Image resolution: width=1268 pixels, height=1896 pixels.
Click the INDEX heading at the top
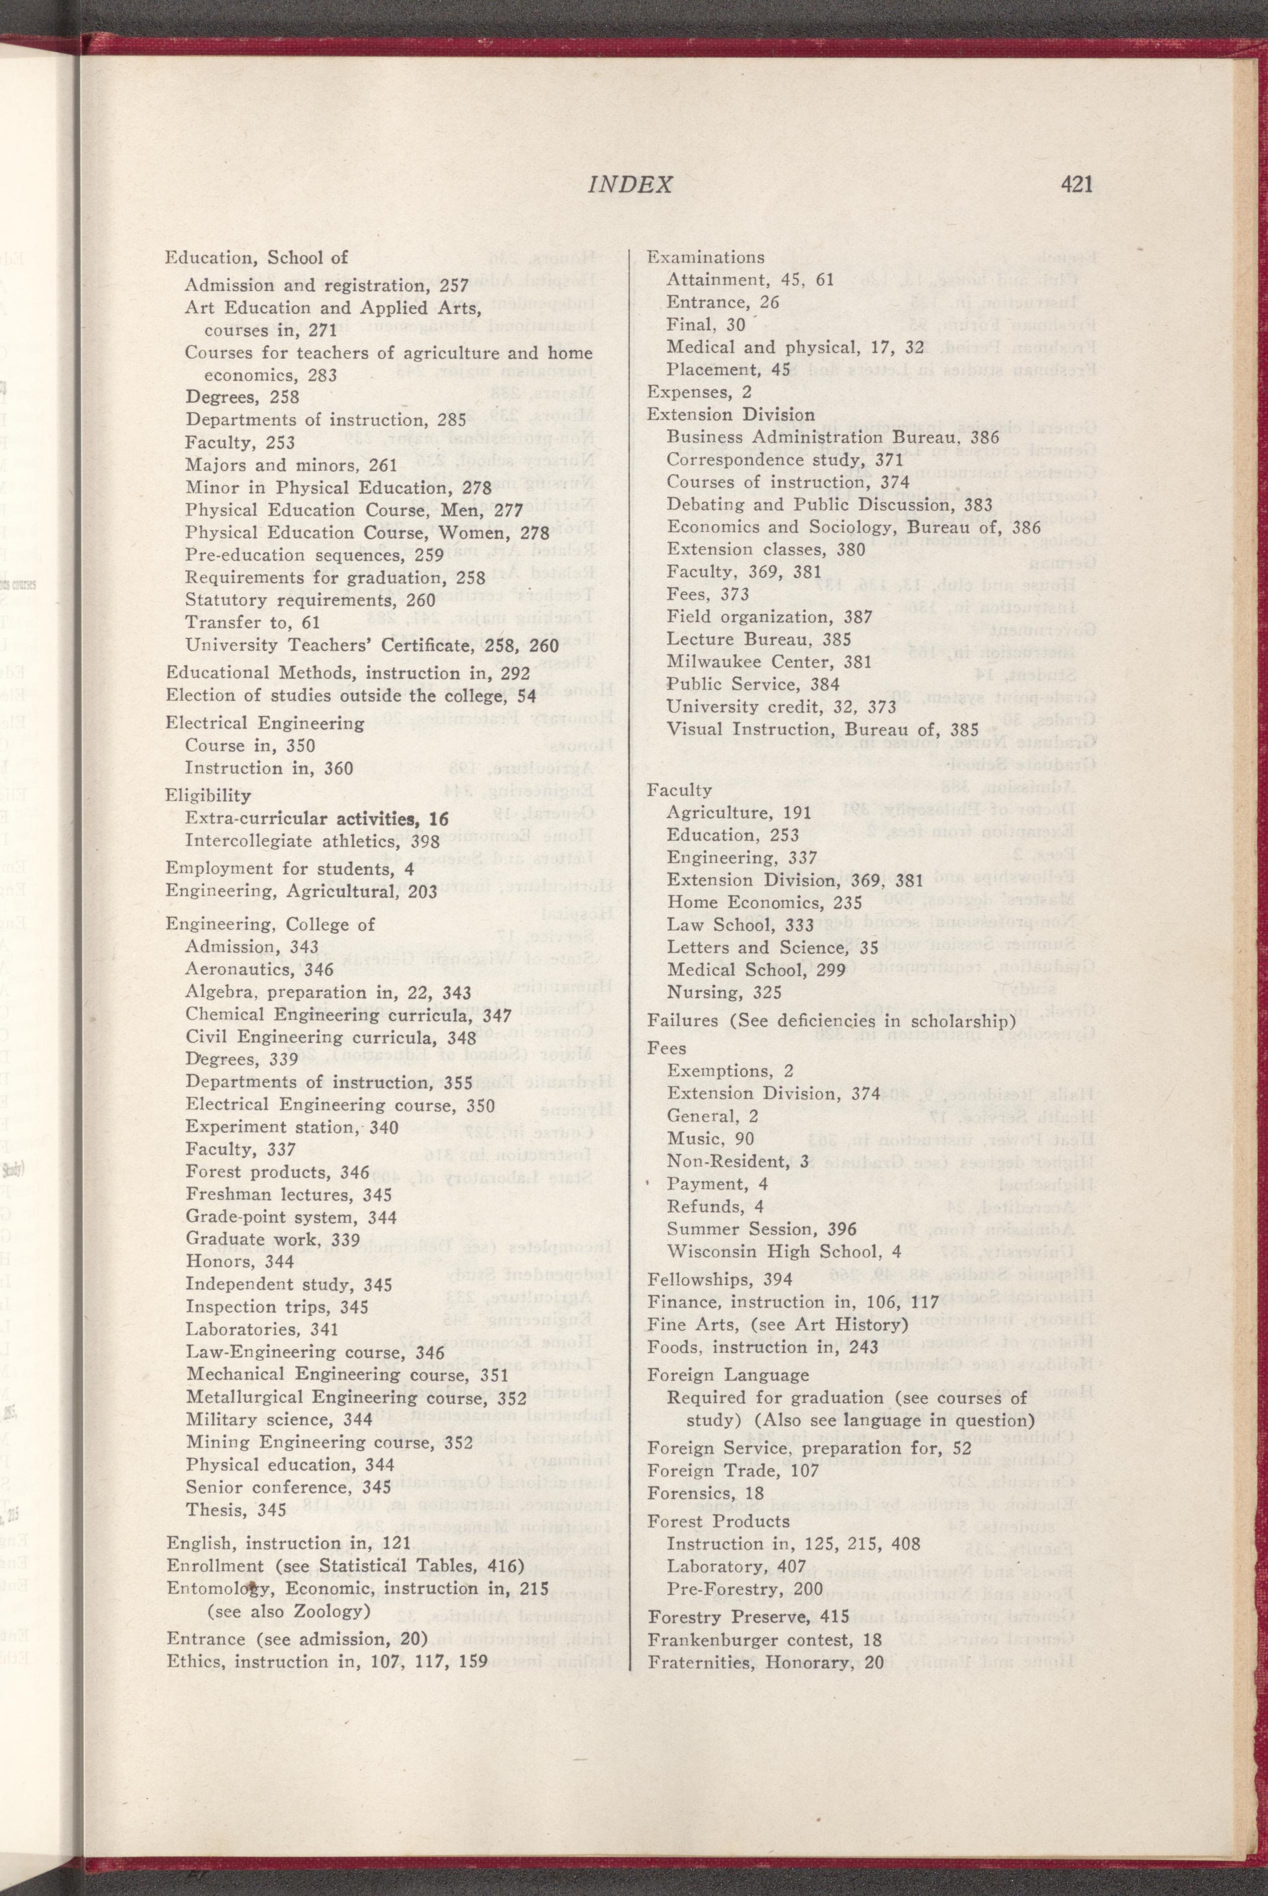[x=630, y=186]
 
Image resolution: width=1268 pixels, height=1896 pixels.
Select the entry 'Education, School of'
[x=256, y=258]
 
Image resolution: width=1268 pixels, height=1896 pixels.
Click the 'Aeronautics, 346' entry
[x=248, y=969]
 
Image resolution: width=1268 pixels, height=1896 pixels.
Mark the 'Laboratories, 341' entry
[x=261, y=1328]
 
